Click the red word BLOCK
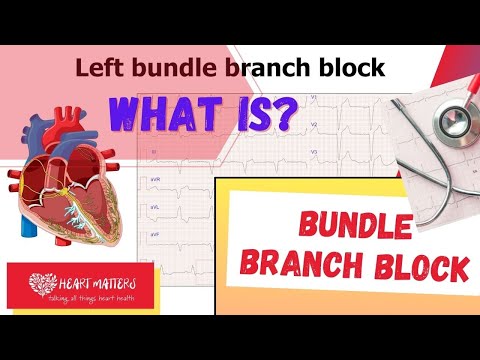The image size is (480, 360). click(x=420, y=266)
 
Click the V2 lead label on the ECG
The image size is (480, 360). click(x=313, y=125)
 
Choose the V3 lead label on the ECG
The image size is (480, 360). click(x=313, y=152)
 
